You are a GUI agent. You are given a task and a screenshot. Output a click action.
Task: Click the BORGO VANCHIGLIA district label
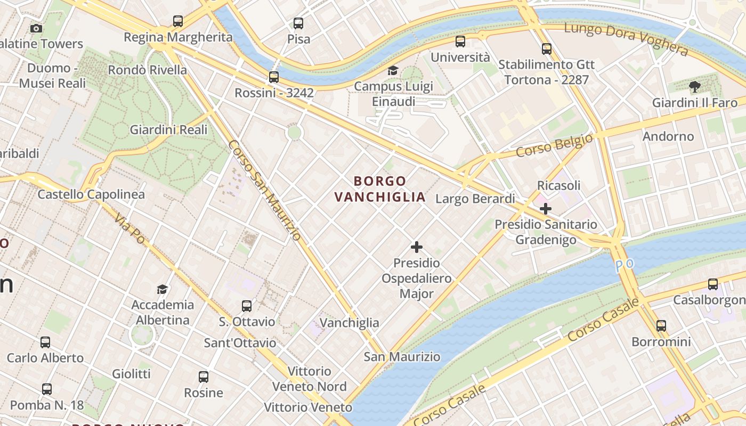point(380,189)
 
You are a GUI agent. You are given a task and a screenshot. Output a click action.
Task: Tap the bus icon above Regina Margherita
point(178,21)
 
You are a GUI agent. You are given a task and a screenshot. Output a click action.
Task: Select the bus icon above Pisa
point(298,23)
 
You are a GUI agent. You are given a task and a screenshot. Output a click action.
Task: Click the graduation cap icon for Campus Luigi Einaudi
point(393,70)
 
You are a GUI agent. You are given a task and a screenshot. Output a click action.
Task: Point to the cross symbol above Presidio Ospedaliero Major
point(417,247)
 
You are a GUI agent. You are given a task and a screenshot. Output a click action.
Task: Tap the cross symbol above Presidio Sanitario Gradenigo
point(545,209)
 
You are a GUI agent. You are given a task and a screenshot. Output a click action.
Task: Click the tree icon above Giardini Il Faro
point(694,86)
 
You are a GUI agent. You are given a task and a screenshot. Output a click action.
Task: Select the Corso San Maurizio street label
point(264,190)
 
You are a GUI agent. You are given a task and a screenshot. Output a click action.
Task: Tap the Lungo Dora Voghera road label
point(626,38)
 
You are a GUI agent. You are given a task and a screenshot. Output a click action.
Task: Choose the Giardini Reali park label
point(168,130)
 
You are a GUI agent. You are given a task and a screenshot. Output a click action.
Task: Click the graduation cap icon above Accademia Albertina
point(162,289)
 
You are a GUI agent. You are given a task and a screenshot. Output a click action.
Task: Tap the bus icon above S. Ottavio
point(247,306)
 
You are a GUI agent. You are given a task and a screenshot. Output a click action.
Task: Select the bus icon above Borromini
point(661,325)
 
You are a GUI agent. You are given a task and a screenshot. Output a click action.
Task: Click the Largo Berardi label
point(475,199)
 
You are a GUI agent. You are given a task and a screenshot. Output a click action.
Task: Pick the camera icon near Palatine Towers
point(36,28)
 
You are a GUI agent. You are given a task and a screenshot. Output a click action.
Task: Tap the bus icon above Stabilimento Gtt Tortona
point(547,49)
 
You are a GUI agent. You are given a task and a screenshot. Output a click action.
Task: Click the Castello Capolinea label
point(91,194)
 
